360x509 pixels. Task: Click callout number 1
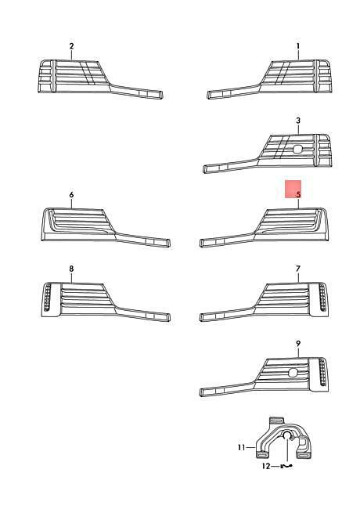click(x=298, y=46)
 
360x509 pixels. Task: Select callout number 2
click(x=71, y=46)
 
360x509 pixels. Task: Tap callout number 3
click(x=298, y=121)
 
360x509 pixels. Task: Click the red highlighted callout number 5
click(x=298, y=194)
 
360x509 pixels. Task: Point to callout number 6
click(x=71, y=194)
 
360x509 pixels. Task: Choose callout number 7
click(x=298, y=269)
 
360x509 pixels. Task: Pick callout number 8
click(x=71, y=269)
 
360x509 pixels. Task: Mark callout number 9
click(x=298, y=343)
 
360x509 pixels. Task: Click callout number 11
click(x=241, y=448)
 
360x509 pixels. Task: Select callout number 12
click(x=266, y=466)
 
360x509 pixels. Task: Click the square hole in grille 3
click(x=297, y=149)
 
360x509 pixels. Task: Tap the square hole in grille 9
click(x=293, y=373)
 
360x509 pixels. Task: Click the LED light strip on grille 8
click(x=47, y=297)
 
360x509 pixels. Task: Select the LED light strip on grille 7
click(x=322, y=297)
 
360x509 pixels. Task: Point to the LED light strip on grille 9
click(x=322, y=372)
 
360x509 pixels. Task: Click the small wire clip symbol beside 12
click(x=286, y=466)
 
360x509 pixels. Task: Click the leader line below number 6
click(x=71, y=204)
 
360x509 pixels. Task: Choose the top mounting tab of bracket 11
click(x=276, y=421)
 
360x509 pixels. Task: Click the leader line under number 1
click(x=298, y=55)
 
